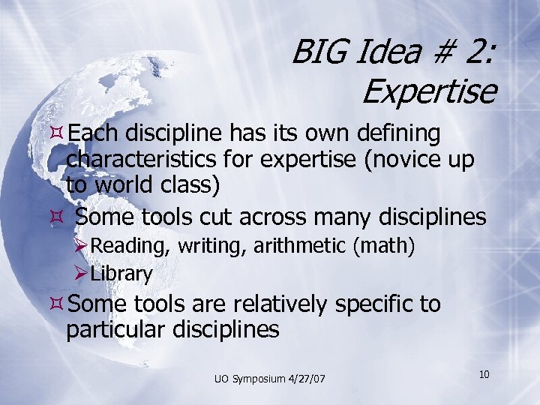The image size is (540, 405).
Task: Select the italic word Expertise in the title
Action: pos(429,92)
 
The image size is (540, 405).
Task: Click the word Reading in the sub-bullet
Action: pos(124,245)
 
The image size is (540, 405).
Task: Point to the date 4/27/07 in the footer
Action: pos(307,379)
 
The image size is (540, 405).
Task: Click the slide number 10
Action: pos(484,373)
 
